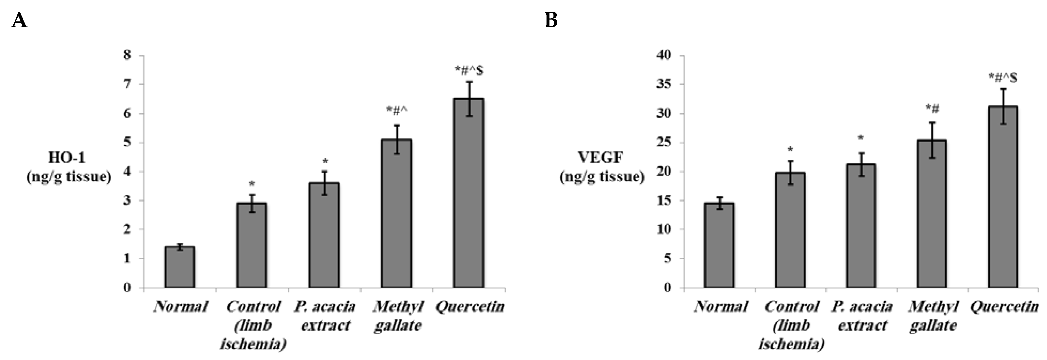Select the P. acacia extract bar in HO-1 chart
tap(324, 235)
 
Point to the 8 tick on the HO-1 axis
tap(128, 55)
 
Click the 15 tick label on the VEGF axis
tap(665, 200)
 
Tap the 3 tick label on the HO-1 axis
tap(128, 200)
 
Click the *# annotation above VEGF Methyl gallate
tap(932, 108)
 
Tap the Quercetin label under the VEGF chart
tap(1004, 307)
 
